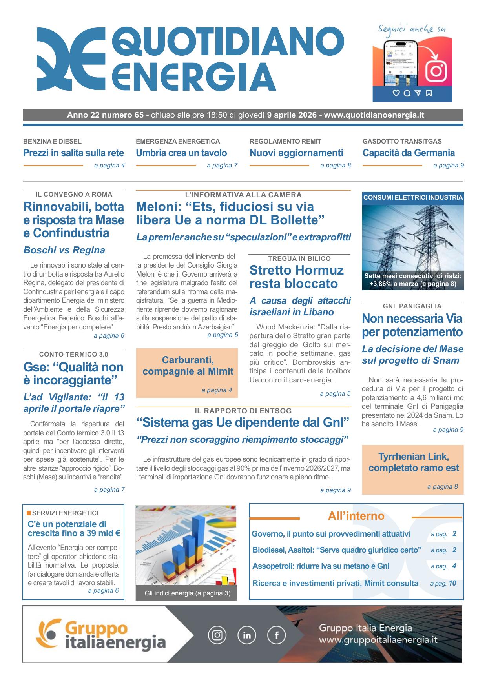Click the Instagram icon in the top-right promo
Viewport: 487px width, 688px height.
pos(436,71)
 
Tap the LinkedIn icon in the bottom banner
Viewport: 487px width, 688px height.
pos(247,635)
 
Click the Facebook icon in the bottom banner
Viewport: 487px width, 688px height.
pos(276,635)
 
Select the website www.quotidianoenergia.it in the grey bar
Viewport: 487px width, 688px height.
pos(374,115)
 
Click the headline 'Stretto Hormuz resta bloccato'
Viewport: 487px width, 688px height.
pos(296,277)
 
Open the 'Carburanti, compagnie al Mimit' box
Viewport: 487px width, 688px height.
pos(187,373)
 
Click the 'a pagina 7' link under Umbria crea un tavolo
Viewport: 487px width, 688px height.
pos(222,166)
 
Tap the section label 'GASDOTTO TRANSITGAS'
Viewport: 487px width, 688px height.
pos(402,141)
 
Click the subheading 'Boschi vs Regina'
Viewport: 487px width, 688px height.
pos(64,250)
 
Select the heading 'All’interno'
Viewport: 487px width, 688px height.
pos(356,516)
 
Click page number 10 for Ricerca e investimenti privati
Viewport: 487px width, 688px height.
pos(452,583)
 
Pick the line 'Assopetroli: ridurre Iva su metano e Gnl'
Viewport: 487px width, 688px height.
pos(321,566)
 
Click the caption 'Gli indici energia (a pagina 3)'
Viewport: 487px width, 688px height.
pos(187,593)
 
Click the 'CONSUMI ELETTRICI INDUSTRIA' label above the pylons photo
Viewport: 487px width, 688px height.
pos(413,198)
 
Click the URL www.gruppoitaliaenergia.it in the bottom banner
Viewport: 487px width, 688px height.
pos(378,640)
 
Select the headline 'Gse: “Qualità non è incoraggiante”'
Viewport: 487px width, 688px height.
pos(73,373)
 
